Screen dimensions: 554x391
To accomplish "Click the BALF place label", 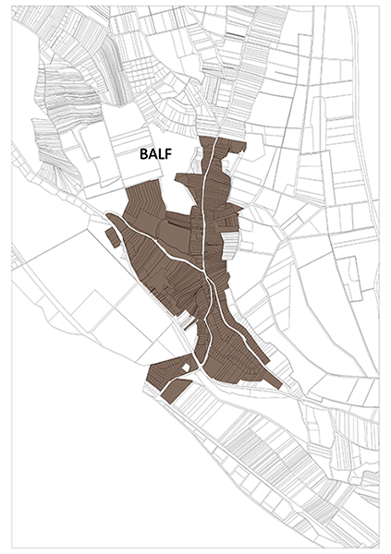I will (157, 154).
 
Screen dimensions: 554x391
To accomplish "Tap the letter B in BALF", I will (144, 154).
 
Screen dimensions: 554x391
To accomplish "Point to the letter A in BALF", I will (153, 154).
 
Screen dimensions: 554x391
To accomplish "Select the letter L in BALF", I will (163, 154).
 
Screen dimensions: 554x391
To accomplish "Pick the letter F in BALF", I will (171, 154).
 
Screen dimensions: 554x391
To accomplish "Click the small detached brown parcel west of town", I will (112, 238).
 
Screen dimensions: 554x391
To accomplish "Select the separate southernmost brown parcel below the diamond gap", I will (176, 389).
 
